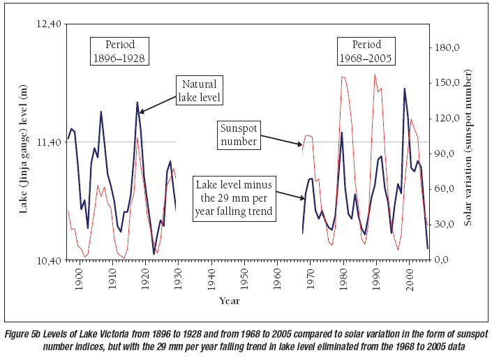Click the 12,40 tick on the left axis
47,24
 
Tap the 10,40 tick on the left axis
47,260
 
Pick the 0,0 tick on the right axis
442,260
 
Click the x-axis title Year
229,301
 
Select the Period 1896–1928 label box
120,51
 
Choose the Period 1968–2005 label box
365,51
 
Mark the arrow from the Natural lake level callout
158,101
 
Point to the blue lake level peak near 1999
405,89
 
